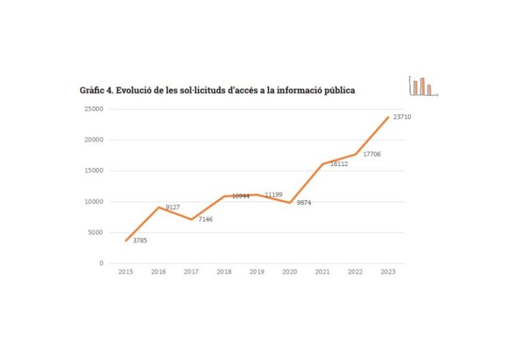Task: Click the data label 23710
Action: click(x=403, y=117)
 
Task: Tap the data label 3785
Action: click(x=140, y=240)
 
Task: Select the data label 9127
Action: click(x=173, y=207)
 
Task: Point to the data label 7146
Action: click(x=205, y=219)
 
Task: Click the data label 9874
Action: click(x=304, y=203)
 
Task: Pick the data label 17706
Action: click(x=372, y=154)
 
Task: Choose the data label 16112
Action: click(x=339, y=164)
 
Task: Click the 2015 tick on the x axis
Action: click(x=126, y=272)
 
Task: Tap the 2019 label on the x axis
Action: click(x=257, y=272)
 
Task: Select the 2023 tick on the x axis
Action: click(x=388, y=272)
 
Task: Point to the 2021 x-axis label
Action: click(x=322, y=272)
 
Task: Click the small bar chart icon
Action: click(x=423, y=86)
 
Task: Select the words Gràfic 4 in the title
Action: click(x=96, y=90)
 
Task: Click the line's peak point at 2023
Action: click(x=388, y=117)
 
